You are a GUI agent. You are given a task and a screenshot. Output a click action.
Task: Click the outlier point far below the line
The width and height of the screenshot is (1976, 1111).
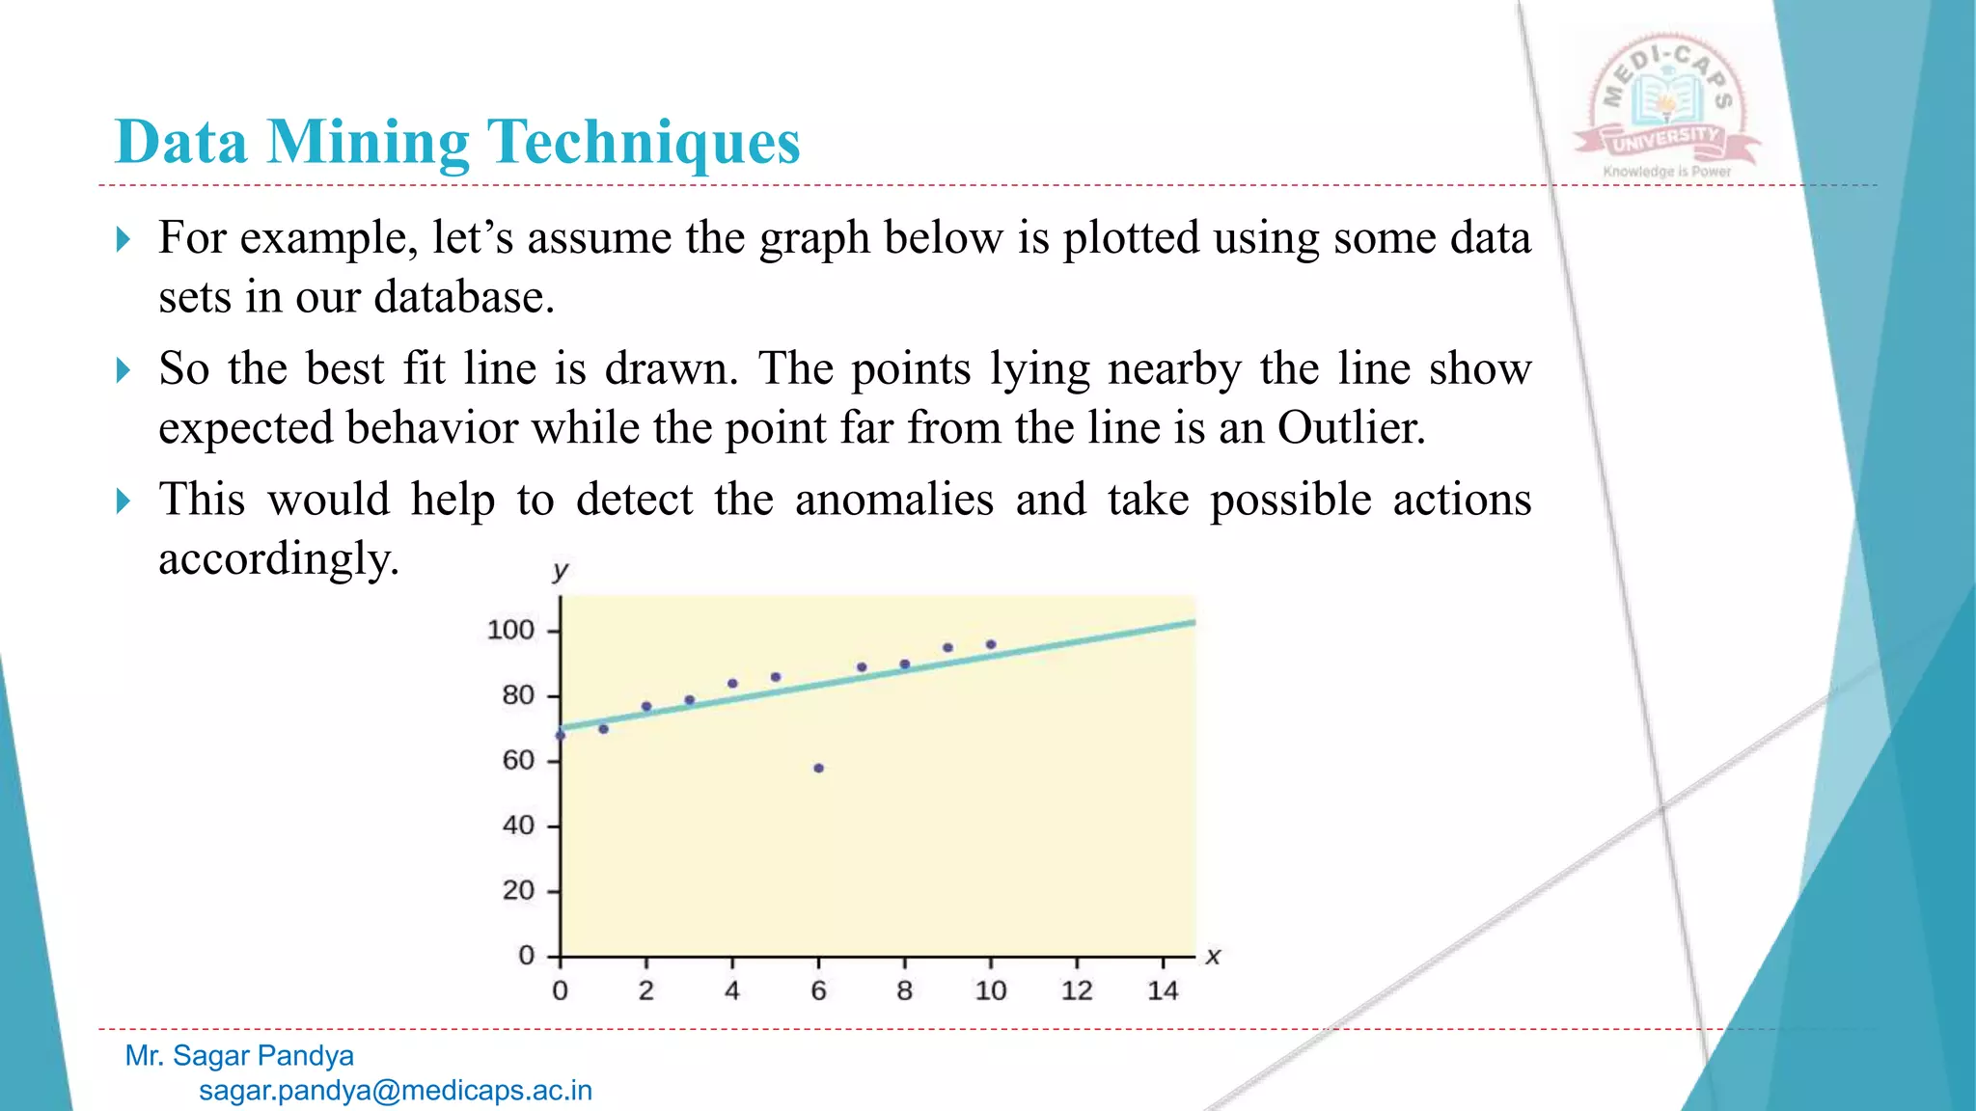818,769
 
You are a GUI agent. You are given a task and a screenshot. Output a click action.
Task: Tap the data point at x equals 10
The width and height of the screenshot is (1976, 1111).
991,644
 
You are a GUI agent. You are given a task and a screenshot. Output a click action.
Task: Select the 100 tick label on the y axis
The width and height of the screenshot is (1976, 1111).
510,630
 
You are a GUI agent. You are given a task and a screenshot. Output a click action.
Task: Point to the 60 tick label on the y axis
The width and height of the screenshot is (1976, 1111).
518,761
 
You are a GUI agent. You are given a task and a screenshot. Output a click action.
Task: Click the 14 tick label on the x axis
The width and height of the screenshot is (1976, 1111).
1163,990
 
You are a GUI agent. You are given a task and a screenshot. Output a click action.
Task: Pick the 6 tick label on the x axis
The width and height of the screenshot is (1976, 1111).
818,990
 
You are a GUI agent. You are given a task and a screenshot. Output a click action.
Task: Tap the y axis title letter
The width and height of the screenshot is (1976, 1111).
560,571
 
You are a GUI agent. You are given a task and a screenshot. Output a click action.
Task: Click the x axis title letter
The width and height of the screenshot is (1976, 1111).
1213,957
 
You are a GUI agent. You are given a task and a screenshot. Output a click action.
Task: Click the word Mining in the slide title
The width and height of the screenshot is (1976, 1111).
369,143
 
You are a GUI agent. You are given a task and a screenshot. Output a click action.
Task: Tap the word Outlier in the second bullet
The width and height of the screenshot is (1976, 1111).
1351,427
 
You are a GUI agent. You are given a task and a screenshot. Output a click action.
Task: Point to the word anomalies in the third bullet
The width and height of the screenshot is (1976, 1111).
893,500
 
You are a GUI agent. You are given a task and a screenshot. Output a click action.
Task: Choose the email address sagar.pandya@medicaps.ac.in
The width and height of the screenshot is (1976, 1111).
396,1091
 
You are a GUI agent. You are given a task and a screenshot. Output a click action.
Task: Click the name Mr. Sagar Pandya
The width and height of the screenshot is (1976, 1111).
239,1056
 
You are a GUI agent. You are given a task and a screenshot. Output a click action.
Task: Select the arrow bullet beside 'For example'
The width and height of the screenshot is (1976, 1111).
123,239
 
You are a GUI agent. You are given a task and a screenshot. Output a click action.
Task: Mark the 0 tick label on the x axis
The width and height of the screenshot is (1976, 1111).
560,990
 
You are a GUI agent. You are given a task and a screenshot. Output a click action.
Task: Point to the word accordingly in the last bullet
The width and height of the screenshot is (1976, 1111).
279,559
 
